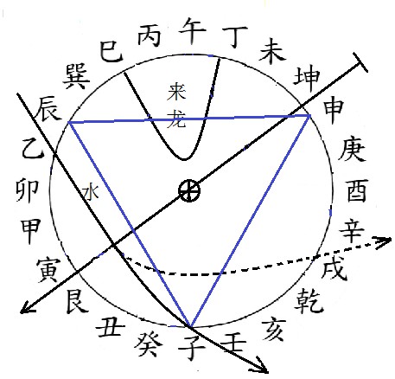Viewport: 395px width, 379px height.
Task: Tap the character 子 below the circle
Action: [192, 345]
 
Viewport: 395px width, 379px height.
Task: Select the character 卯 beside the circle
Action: [27, 190]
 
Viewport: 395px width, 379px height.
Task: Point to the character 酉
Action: [358, 190]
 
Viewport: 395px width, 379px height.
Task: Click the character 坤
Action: [307, 77]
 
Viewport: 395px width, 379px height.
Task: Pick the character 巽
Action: [76, 76]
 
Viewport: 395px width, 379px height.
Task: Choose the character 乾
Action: [309, 301]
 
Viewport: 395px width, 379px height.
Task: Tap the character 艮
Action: [77, 301]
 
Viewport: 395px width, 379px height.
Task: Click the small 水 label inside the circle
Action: [91, 193]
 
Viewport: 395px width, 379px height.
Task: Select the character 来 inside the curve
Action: [176, 92]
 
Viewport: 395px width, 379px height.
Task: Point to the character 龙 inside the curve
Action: [176, 118]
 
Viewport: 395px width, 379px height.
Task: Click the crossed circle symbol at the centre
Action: [189, 191]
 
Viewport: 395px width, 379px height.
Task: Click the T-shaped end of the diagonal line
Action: [360, 62]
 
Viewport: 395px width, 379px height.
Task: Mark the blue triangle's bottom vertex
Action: [190, 327]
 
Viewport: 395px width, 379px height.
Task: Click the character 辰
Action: [48, 109]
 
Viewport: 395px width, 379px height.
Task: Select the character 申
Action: [333, 111]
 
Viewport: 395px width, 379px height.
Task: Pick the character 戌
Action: [334, 268]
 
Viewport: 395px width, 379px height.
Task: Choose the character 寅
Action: [48, 270]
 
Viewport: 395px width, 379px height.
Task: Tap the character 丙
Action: [149, 35]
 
